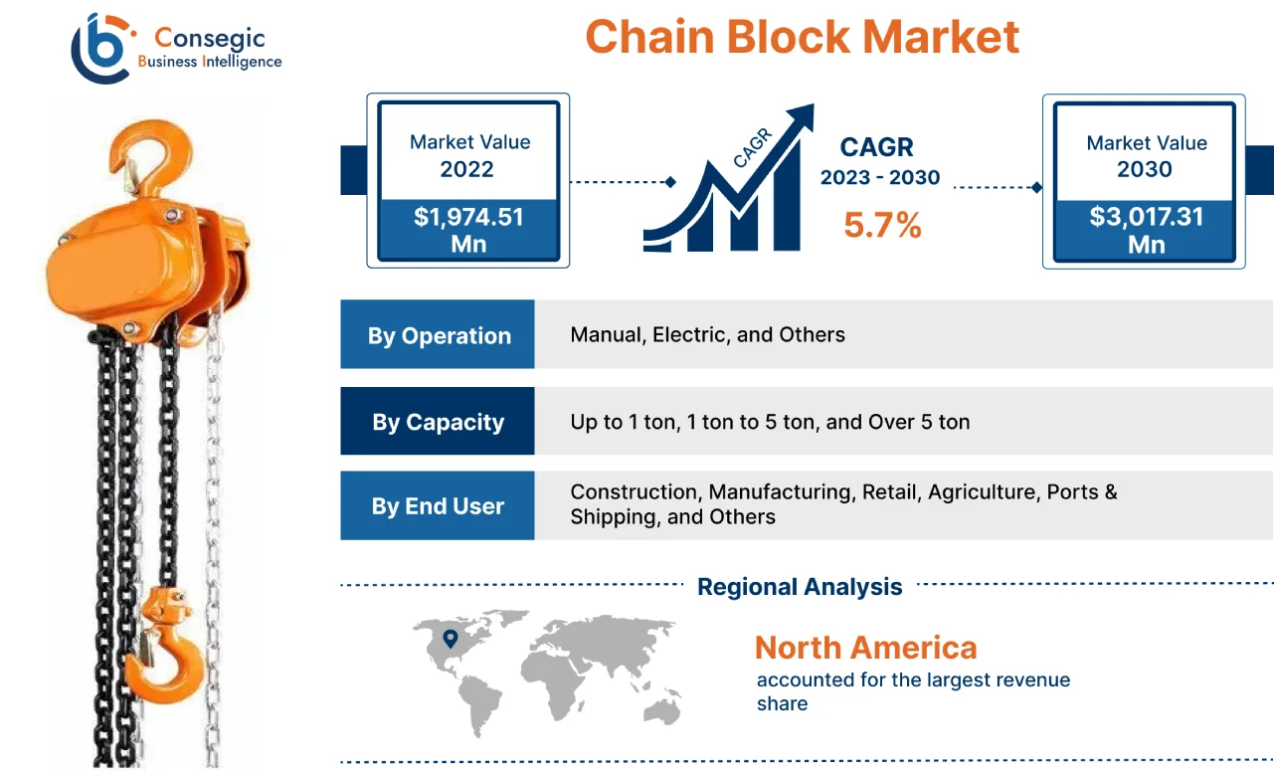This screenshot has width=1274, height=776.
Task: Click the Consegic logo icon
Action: (x=102, y=48)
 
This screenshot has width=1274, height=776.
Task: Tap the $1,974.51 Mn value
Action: (x=468, y=230)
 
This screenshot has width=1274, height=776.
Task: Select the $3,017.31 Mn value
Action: (x=1145, y=230)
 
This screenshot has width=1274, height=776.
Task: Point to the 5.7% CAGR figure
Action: (x=882, y=225)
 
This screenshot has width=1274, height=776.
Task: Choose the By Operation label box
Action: (x=438, y=335)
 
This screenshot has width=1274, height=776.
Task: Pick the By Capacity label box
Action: (x=438, y=422)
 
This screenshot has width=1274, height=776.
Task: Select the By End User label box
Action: (x=438, y=506)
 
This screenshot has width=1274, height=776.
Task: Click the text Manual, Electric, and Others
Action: (x=707, y=335)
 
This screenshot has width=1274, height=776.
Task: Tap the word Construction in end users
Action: (x=634, y=491)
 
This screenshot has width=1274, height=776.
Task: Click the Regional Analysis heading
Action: (x=800, y=587)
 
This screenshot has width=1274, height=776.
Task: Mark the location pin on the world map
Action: (x=451, y=638)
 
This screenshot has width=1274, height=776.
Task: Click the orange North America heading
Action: (x=865, y=648)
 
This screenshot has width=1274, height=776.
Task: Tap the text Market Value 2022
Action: (x=469, y=155)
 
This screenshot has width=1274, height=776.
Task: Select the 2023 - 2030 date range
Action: (x=879, y=178)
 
